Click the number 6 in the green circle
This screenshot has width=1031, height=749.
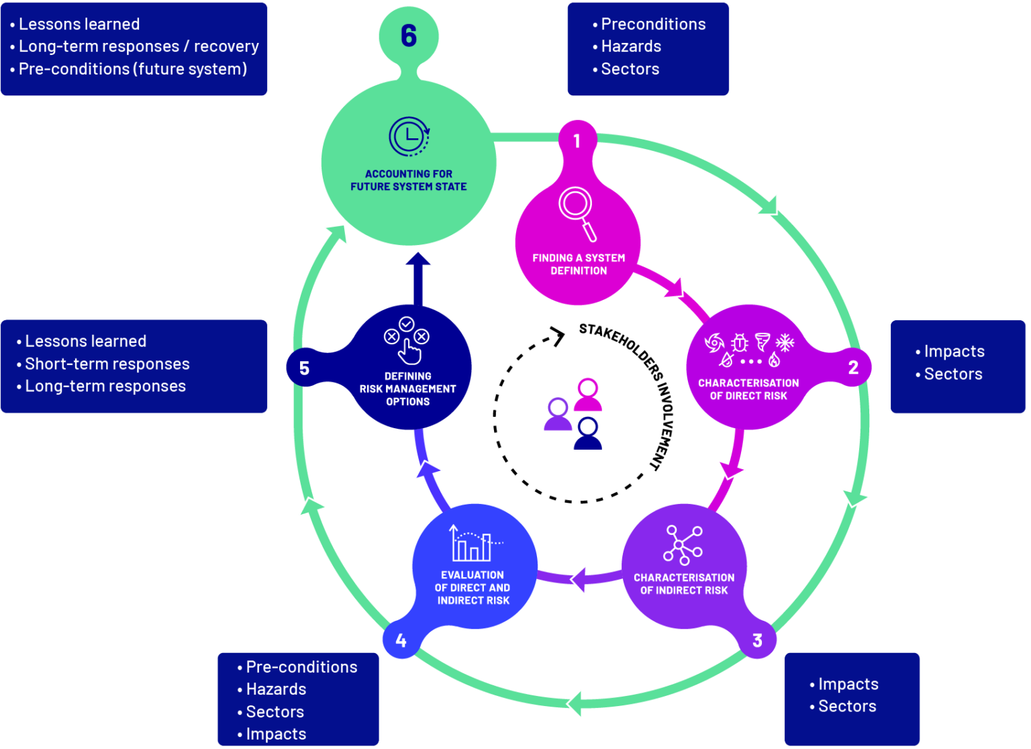pyautogui.click(x=408, y=36)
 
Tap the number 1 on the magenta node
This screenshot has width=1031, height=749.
pyautogui.click(x=577, y=141)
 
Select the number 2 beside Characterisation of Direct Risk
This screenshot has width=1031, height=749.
pyautogui.click(x=853, y=367)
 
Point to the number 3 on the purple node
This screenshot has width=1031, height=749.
pyautogui.click(x=757, y=640)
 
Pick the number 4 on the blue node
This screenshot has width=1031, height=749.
pyautogui.click(x=401, y=640)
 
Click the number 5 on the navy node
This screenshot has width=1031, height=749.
pyautogui.click(x=304, y=368)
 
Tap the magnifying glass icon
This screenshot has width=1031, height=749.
pyautogui.click(x=577, y=213)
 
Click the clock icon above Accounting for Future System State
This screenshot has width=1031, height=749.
pyautogui.click(x=409, y=137)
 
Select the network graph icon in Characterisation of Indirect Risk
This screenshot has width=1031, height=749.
pyautogui.click(x=683, y=544)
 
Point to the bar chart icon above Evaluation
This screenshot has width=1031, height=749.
pyautogui.click(x=473, y=544)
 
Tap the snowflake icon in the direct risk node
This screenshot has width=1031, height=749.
pyautogui.click(x=785, y=342)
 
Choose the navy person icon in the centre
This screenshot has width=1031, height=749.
pyautogui.click(x=588, y=433)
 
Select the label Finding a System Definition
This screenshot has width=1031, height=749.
pyautogui.click(x=578, y=264)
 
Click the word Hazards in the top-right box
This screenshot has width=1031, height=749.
pyautogui.click(x=630, y=46)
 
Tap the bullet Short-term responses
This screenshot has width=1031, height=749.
pyautogui.click(x=107, y=364)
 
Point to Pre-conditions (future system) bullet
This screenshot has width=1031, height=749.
pyautogui.click(x=132, y=69)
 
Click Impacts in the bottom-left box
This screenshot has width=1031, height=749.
pyautogui.click(x=275, y=734)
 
